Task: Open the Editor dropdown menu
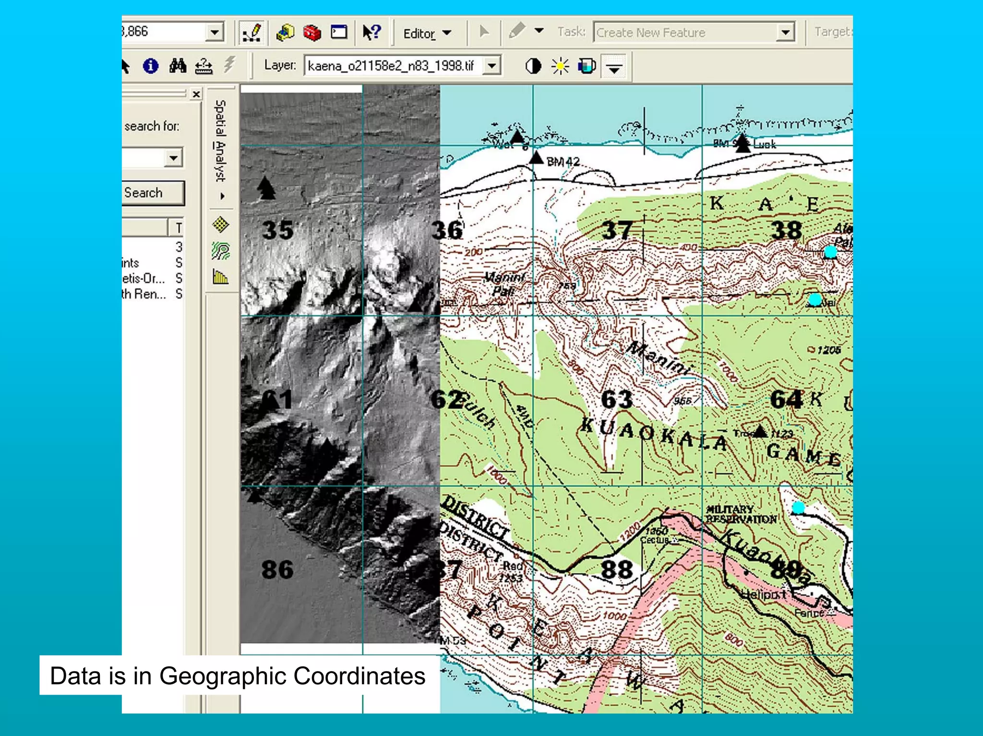coord(427,34)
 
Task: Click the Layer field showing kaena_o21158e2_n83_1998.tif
coord(394,66)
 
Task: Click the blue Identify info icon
coord(150,66)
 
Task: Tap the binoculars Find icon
coord(178,66)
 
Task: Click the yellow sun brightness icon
coord(560,66)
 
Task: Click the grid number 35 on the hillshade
coord(277,230)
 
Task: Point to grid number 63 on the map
coord(616,400)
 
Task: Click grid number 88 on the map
coord(616,570)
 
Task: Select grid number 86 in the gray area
coord(277,570)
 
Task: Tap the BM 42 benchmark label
coord(563,162)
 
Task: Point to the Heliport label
coord(763,594)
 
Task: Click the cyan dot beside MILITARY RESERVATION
coord(798,507)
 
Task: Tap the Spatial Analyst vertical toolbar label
coord(220,141)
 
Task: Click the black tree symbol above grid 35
coord(266,188)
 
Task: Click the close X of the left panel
coord(196,94)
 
